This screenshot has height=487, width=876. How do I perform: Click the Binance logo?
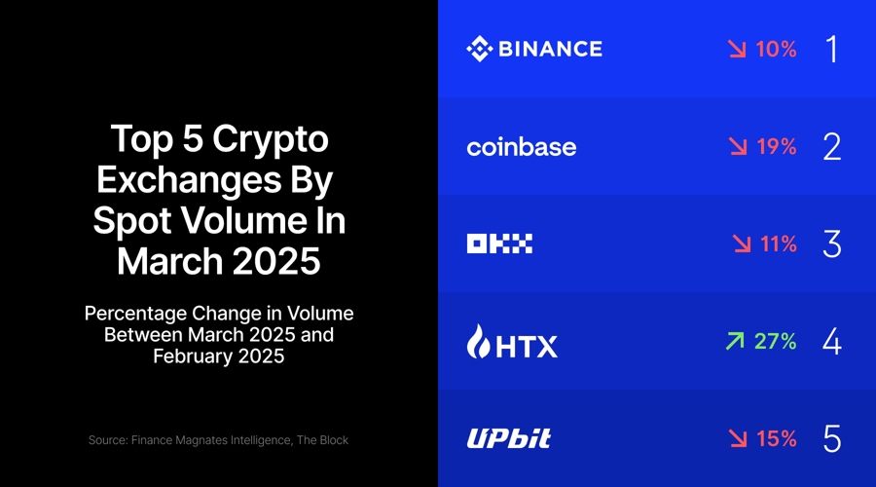click(x=534, y=48)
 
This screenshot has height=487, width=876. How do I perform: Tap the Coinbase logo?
click(x=522, y=147)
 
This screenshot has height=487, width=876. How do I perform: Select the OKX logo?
click(x=499, y=244)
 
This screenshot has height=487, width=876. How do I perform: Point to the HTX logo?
click(x=513, y=342)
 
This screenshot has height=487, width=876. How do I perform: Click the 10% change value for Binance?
click(x=776, y=49)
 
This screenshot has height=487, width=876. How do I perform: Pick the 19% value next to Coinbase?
click(x=776, y=146)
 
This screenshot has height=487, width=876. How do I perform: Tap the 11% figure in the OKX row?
click(x=778, y=243)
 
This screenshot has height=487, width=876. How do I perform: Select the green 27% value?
click(x=775, y=341)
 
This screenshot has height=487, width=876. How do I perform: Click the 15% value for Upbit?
click(x=776, y=438)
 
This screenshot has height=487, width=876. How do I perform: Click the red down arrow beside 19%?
click(x=738, y=146)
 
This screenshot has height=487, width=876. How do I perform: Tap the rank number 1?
click(x=831, y=49)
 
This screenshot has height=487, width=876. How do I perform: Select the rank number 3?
click(x=831, y=243)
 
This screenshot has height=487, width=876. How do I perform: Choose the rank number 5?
click(x=831, y=438)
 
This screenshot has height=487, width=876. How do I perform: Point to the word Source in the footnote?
click(x=110, y=440)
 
